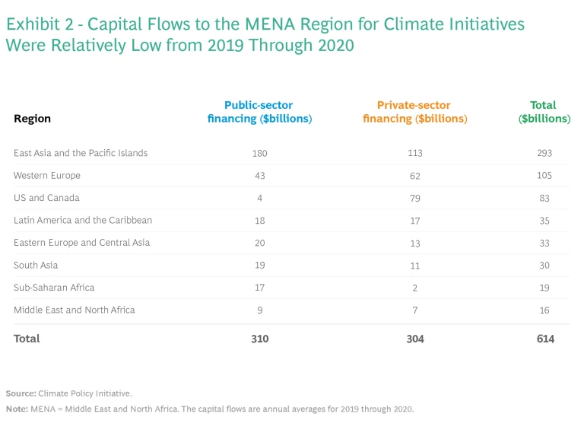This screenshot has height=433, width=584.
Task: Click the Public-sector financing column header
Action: pyautogui.click(x=259, y=112)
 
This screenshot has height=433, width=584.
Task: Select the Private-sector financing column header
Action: pyautogui.click(x=414, y=112)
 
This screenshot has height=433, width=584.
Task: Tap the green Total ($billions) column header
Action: pyautogui.click(x=543, y=112)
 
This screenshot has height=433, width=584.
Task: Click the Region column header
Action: pyautogui.click(x=32, y=119)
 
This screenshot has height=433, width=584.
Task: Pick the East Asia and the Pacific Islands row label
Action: pyautogui.click(x=81, y=153)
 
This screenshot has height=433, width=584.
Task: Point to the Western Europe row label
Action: pyautogui.click(x=47, y=175)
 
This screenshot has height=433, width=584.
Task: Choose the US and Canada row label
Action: pyautogui.click(x=46, y=198)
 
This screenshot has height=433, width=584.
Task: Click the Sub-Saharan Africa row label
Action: pyautogui.click(x=54, y=288)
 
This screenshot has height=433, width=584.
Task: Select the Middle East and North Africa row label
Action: pyautogui.click(x=75, y=310)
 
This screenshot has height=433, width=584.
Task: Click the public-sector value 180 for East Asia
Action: pyautogui.click(x=259, y=153)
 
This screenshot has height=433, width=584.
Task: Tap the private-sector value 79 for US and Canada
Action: pyautogui.click(x=414, y=198)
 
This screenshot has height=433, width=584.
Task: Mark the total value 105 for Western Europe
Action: pyautogui.click(x=543, y=175)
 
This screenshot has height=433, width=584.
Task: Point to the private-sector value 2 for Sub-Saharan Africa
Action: pyautogui.click(x=414, y=288)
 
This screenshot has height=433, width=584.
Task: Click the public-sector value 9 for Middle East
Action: pyautogui.click(x=259, y=310)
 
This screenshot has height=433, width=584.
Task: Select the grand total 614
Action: pyautogui.click(x=544, y=339)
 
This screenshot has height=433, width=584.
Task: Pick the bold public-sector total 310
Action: pyautogui.click(x=259, y=339)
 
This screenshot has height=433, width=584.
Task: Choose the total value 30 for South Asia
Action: pyautogui.click(x=543, y=265)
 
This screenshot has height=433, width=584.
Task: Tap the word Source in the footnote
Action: pyautogui.click(x=21, y=393)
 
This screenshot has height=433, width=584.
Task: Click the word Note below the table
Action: pyautogui.click(x=17, y=409)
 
